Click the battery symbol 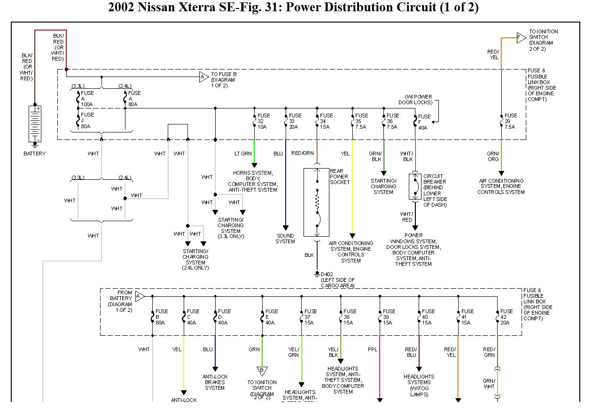[x=35, y=124]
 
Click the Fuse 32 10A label [x=263, y=121]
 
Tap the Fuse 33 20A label [x=295, y=121]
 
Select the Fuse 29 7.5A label [x=510, y=121]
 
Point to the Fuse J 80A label [x=87, y=120]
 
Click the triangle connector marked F [x=521, y=38]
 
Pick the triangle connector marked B [x=262, y=371]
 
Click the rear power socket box [x=316, y=202]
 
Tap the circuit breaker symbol [x=415, y=186]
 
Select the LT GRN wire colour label [x=243, y=154]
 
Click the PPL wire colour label [x=373, y=349]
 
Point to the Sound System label [x=285, y=239]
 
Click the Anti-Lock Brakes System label [x=215, y=382]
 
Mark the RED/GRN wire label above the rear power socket [x=302, y=154]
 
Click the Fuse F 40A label [x=424, y=122]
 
